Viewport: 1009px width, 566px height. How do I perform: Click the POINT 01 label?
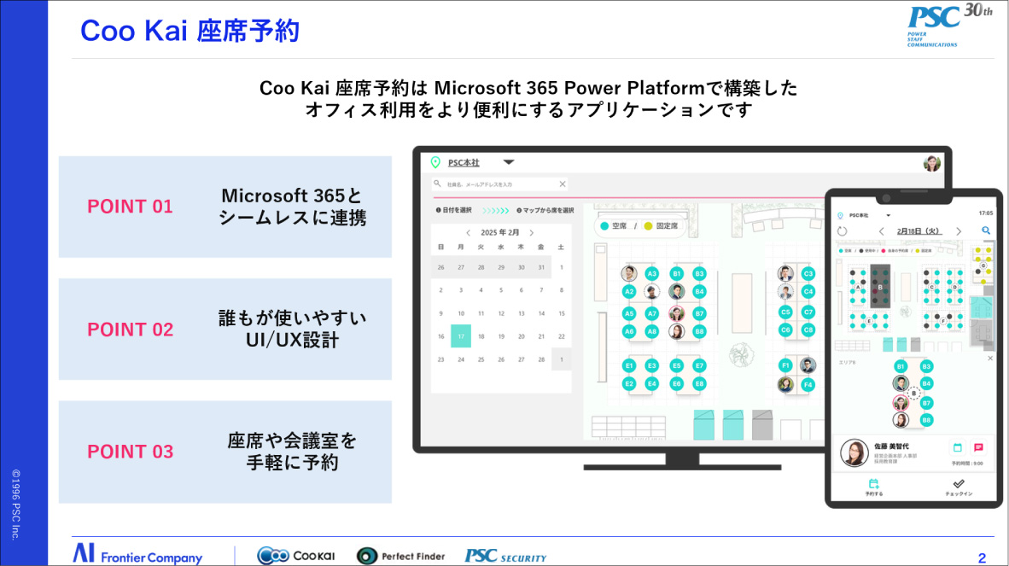pos(130,207)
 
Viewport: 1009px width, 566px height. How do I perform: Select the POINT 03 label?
pos(130,452)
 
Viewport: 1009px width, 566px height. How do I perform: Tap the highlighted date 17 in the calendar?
pos(461,336)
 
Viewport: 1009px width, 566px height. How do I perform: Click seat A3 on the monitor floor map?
pos(651,273)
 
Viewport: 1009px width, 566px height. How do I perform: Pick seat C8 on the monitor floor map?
pos(808,330)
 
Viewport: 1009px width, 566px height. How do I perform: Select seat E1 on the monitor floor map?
pos(629,365)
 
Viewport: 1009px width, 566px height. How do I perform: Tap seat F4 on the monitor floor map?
pos(808,384)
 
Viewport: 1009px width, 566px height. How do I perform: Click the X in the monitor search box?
pos(562,184)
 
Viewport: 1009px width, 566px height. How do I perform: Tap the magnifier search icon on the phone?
pos(986,230)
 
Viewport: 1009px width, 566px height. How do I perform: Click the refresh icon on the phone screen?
pos(843,230)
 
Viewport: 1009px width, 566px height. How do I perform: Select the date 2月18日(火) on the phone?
pos(918,230)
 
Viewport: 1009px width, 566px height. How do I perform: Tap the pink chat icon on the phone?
pos(978,447)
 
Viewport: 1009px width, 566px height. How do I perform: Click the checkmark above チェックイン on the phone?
pos(959,483)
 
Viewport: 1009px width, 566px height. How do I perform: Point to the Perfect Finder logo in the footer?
pos(400,556)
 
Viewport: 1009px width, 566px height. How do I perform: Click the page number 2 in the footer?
pos(982,558)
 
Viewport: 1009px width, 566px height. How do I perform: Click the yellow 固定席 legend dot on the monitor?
pos(648,226)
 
